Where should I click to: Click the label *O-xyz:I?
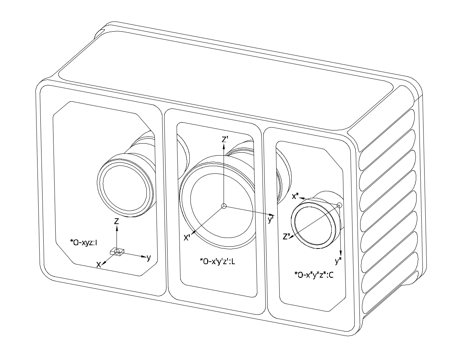click(x=84, y=243)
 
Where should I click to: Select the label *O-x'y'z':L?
click(x=217, y=262)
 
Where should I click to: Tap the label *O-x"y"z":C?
click(x=314, y=275)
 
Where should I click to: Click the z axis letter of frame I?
click(x=116, y=221)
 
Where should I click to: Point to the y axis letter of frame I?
click(x=149, y=258)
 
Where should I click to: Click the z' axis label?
click(x=225, y=139)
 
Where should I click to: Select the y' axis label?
click(x=271, y=220)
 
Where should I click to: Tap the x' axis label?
click(x=187, y=238)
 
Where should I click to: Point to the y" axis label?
click(x=338, y=261)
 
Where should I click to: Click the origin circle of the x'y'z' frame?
click(x=224, y=206)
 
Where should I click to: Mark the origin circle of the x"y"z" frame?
click(x=339, y=206)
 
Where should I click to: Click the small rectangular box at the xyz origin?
click(x=117, y=252)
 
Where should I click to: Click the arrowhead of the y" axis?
click(x=341, y=253)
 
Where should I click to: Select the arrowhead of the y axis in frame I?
click(x=144, y=257)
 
